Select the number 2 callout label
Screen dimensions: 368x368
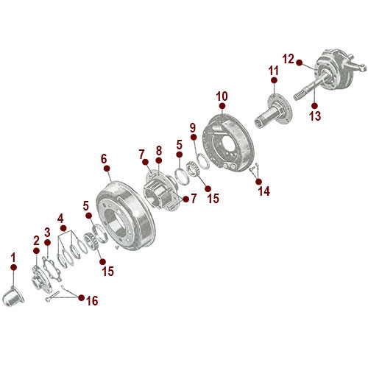click(x=35, y=240)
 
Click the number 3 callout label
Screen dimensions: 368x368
click(x=47, y=232)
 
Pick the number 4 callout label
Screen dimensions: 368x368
click(x=61, y=218)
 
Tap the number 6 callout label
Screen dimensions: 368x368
click(x=104, y=158)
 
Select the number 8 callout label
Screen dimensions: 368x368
click(x=158, y=151)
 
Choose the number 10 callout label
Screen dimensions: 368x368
click(x=222, y=96)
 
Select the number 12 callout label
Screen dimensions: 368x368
click(x=288, y=58)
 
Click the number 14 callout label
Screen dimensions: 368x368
click(x=263, y=191)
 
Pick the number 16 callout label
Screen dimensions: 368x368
click(x=92, y=300)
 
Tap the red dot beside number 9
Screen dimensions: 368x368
click(x=193, y=138)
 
